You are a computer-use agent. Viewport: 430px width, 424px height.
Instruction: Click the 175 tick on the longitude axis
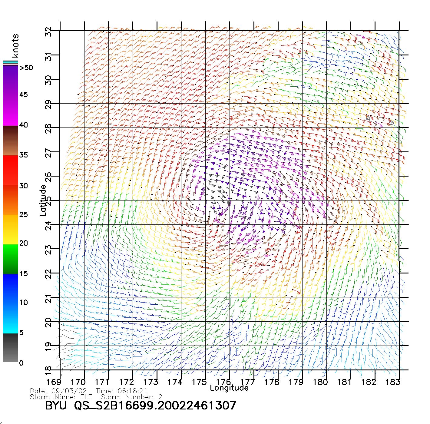click(199, 382)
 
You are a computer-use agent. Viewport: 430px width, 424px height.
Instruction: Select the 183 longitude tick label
click(393, 382)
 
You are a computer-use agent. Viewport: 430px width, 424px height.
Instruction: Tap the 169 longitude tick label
click(54, 382)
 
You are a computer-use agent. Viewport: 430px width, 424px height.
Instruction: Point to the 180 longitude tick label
click(320, 382)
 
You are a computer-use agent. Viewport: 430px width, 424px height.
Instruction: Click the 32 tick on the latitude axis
click(48, 32)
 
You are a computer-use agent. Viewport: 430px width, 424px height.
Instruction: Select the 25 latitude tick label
click(48, 201)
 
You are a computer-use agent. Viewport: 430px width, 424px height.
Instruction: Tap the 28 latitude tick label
click(48, 129)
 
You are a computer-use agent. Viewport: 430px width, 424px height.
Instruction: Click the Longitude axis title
click(229, 388)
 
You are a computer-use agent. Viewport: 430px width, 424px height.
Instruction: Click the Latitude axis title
click(43, 200)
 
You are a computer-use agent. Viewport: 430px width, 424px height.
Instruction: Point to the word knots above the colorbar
click(15, 46)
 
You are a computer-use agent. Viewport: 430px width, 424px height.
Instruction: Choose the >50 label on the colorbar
click(26, 68)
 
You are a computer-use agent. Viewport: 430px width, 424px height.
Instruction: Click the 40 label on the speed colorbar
click(24, 125)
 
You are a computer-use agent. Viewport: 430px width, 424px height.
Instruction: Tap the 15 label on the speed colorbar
click(24, 274)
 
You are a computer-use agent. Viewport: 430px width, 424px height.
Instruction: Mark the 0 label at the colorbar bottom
click(21, 363)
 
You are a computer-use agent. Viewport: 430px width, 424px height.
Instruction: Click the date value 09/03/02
click(69, 391)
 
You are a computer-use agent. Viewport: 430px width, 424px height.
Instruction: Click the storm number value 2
click(160, 397)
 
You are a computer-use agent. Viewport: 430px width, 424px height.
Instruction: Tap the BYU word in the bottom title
click(56, 406)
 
